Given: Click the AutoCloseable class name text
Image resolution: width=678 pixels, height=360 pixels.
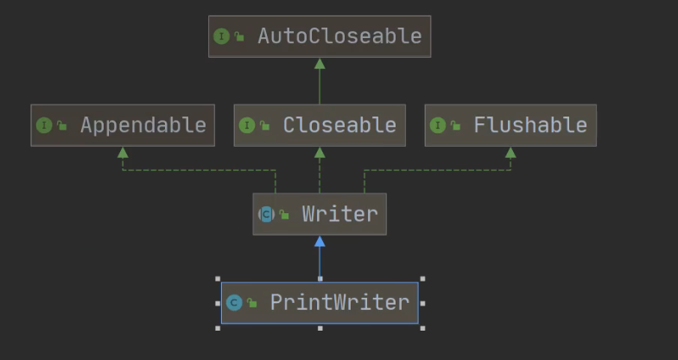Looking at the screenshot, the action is (x=340, y=36).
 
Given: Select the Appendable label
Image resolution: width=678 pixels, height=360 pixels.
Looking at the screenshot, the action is (x=143, y=125).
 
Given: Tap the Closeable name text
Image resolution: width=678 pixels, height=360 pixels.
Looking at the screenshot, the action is (x=339, y=125).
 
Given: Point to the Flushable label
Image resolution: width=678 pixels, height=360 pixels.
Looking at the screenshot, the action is (x=530, y=125).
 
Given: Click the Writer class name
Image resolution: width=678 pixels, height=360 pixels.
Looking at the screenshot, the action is (x=340, y=214).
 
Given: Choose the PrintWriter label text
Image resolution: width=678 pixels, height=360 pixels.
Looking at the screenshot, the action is (x=340, y=302).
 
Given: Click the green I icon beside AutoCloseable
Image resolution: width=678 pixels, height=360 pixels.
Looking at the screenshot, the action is (x=221, y=36).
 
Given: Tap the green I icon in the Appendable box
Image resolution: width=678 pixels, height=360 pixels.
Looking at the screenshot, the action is (x=44, y=126).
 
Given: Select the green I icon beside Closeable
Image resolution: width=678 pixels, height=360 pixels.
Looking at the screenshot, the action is (x=247, y=126).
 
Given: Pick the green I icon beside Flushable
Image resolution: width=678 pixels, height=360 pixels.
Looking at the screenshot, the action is (x=438, y=126).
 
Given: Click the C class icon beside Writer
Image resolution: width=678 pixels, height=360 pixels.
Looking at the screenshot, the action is (x=266, y=214).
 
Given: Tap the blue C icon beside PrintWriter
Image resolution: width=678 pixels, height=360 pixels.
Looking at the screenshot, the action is (x=234, y=302).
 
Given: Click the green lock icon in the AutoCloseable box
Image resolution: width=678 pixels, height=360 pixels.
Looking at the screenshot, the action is (x=239, y=37).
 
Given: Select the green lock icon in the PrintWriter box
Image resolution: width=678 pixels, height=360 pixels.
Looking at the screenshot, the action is (x=252, y=303).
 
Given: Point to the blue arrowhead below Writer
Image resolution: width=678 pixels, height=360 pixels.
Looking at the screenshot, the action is (x=320, y=241).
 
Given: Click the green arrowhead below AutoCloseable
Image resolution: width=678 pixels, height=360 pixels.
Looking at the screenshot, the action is (x=320, y=64).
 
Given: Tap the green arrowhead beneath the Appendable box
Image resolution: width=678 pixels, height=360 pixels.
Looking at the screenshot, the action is (x=123, y=153).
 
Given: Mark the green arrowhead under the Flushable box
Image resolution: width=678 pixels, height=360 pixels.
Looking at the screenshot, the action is (x=510, y=153).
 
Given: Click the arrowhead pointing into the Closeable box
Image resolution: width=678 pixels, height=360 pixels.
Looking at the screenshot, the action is (x=320, y=153).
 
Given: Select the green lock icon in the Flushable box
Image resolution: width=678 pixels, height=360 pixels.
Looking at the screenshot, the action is (x=455, y=126).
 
